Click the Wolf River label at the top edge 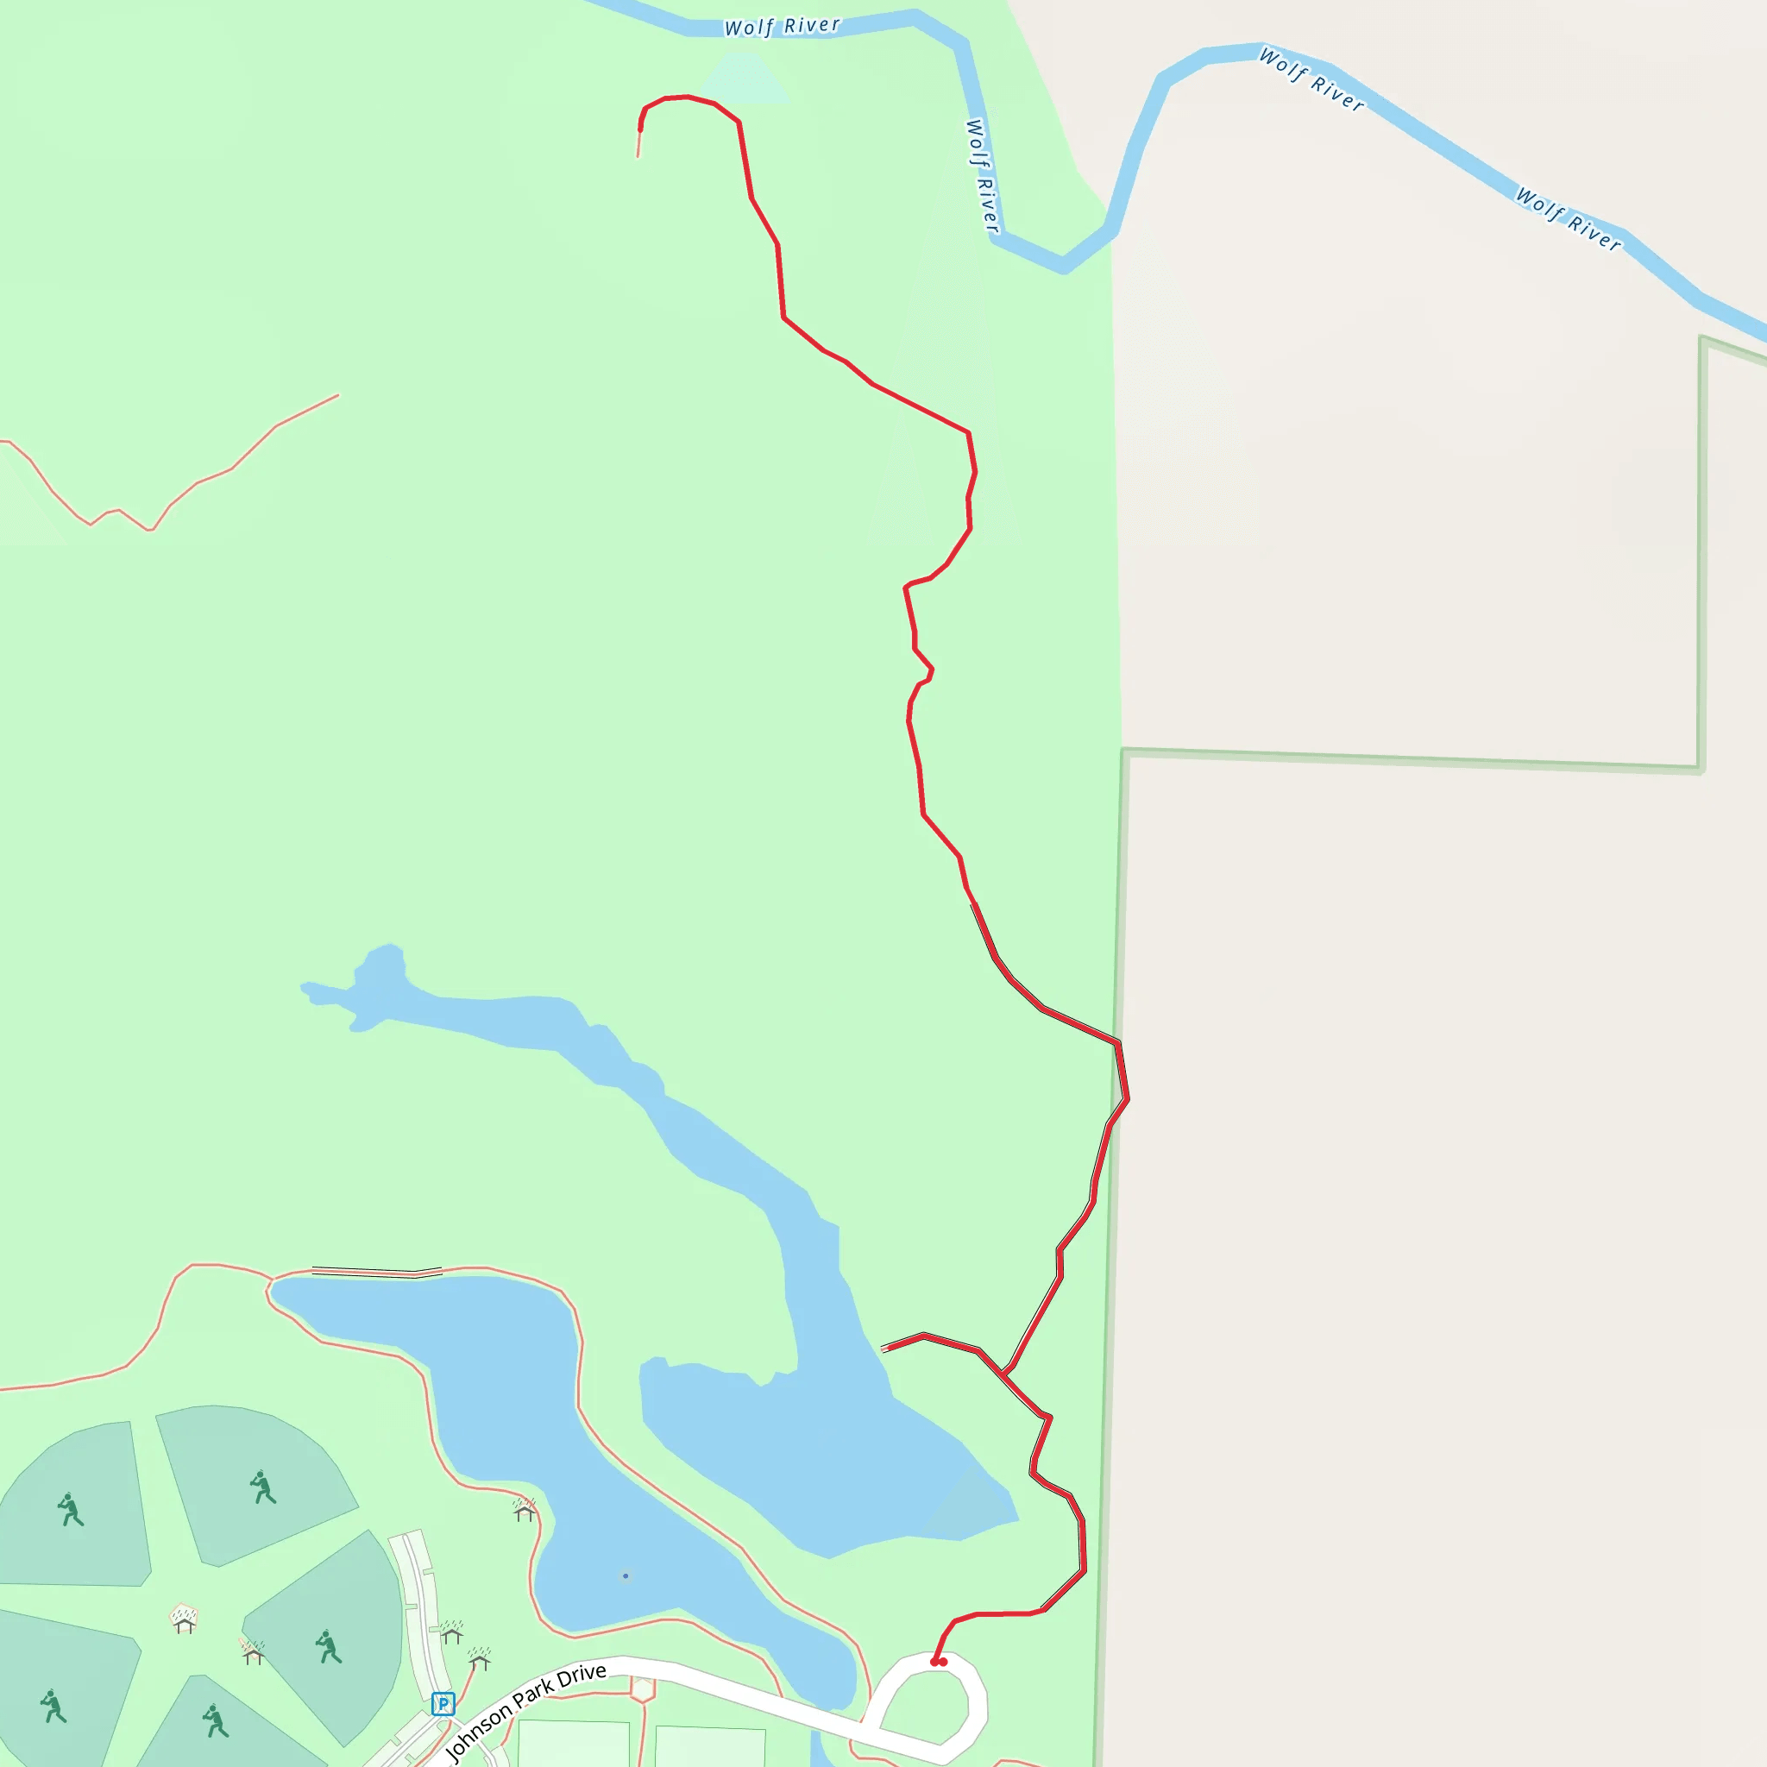pos(782,27)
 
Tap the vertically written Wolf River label pos(981,176)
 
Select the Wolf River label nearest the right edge pos(1569,219)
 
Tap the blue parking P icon pos(443,1704)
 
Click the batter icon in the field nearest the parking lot pos(329,1647)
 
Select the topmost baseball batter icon pos(262,1487)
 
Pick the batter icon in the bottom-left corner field pos(53,1706)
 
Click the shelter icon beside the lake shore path pos(524,1510)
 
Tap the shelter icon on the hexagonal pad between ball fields pos(185,1619)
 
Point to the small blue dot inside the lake pos(626,1575)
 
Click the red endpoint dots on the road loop pos(939,1662)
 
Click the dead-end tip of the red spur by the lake pos(883,1349)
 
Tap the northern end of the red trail pos(638,155)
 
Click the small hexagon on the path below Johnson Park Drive pos(643,1689)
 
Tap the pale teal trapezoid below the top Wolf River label pos(744,78)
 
